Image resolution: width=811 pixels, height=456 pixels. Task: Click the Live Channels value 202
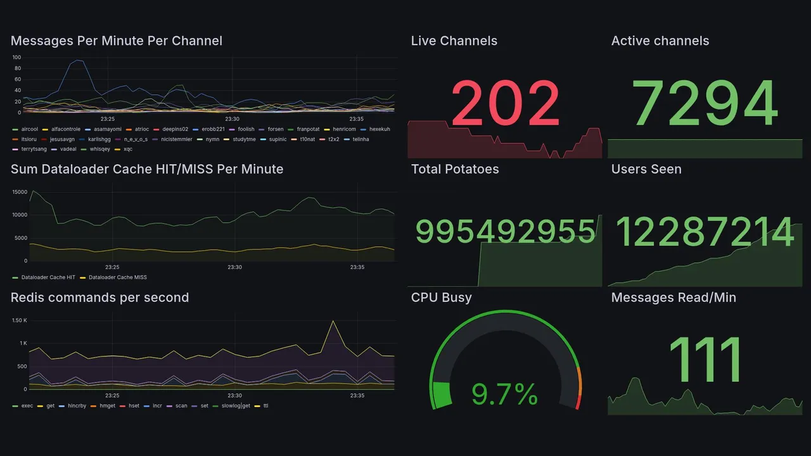505,103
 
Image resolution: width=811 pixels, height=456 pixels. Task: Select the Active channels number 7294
705,103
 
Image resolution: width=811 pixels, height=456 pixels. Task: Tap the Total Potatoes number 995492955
505,231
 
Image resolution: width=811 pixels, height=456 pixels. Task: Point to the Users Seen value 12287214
705,231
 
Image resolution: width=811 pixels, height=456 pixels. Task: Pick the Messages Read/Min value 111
705,359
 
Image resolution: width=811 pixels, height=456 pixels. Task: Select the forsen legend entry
276,129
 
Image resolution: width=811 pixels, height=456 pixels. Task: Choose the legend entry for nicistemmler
176,139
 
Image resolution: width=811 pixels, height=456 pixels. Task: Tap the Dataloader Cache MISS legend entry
117,277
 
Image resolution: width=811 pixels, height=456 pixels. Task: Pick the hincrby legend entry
77,405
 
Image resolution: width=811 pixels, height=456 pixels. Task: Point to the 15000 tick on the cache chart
19,192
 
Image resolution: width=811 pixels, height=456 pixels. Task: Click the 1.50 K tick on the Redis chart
19,320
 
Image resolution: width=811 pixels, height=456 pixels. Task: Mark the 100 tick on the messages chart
17,58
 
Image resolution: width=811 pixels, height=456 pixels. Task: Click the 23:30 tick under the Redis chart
235,396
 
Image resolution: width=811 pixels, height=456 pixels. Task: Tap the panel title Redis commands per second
100,298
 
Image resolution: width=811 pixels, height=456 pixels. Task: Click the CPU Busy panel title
441,298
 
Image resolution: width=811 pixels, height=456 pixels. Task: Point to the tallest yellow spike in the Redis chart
333,321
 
